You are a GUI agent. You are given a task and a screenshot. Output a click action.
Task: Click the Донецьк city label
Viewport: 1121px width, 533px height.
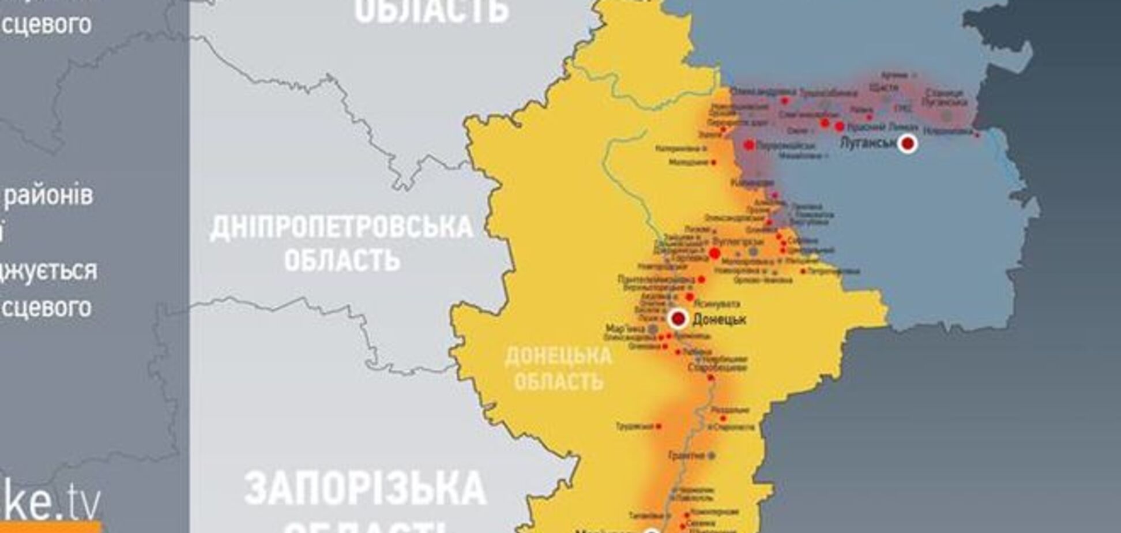pos(719,319)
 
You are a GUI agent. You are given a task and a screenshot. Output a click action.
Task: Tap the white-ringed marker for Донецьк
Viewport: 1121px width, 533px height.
pos(679,318)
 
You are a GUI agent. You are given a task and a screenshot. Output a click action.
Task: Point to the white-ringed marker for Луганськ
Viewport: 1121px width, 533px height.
pos(908,143)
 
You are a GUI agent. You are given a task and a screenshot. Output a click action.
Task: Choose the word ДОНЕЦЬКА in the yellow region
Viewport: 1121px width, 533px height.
pos(558,356)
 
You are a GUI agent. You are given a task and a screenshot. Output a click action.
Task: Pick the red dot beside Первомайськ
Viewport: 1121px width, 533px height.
pos(749,145)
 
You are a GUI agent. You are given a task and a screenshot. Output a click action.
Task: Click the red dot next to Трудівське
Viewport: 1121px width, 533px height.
pos(658,426)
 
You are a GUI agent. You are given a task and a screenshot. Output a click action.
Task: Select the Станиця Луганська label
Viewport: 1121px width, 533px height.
pos(944,97)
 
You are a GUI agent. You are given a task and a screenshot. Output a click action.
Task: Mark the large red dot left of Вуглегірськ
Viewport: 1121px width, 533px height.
pos(714,254)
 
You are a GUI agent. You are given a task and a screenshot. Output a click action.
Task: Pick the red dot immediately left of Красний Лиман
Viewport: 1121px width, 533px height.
pos(840,127)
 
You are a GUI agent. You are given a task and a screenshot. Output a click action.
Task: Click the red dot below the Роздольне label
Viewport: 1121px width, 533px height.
pos(723,418)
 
